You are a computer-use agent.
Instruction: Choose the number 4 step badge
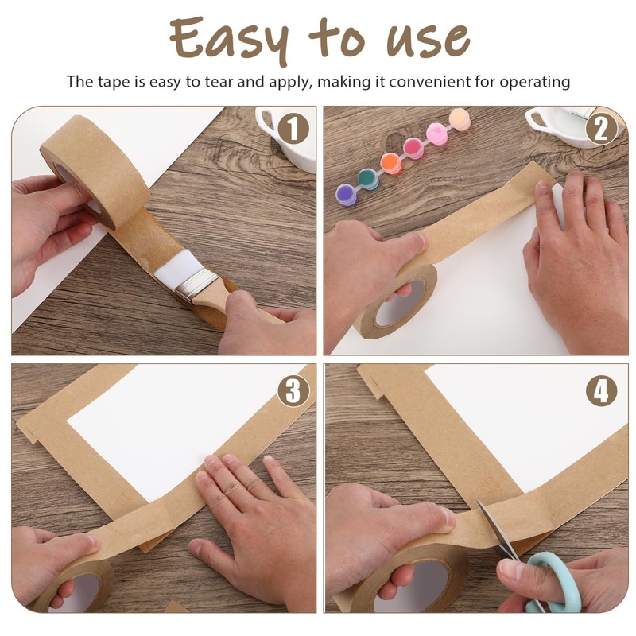(x=601, y=390)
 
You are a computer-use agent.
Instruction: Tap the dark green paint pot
(x=368, y=178)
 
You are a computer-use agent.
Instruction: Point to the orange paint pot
(x=390, y=163)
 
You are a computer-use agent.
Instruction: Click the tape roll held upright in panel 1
(x=95, y=171)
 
